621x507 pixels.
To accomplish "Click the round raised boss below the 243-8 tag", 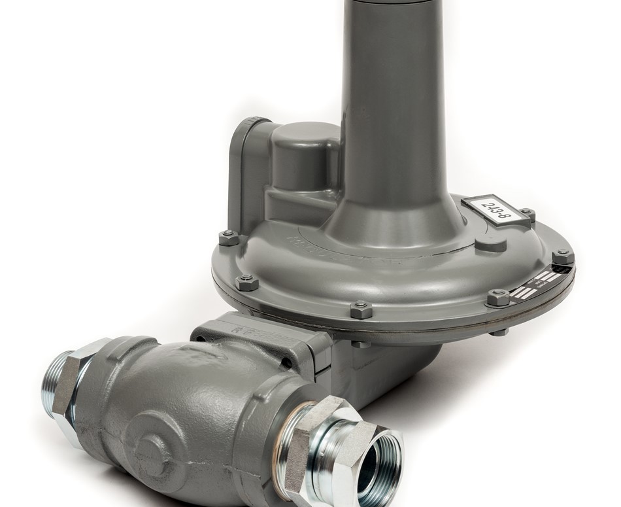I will [490, 245].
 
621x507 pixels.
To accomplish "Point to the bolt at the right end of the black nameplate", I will [563, 257].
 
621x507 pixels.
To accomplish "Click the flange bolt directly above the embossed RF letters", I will [361, 309].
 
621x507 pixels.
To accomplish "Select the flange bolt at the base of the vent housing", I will [229, 238].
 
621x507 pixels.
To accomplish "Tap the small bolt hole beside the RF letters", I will [286, 362].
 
